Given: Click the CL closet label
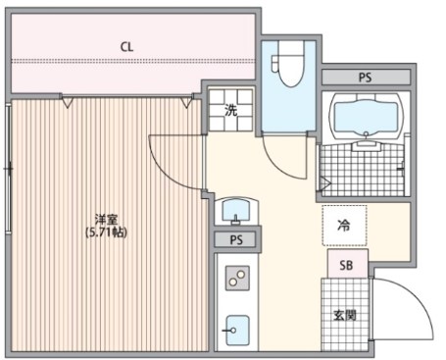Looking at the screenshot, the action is pos(126,47).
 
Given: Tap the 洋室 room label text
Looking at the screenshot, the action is pos(106,219).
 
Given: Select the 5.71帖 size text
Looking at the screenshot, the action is pos(106,232).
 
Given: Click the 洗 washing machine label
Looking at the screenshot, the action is pos(230,111).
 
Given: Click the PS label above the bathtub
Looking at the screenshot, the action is pos(366,77).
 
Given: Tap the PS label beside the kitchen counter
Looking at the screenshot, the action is pos(236,239).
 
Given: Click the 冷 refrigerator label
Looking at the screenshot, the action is pos(344,225).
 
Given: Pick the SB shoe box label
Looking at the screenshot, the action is pos(346,265).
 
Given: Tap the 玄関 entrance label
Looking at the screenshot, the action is pos(345,316).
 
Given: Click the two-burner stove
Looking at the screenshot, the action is pos(237,278).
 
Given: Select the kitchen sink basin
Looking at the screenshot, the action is pos(238,331).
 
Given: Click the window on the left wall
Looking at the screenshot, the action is pos(9,169).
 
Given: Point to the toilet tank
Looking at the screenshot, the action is pos(275,64).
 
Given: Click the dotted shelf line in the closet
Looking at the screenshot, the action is pos(132,61).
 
